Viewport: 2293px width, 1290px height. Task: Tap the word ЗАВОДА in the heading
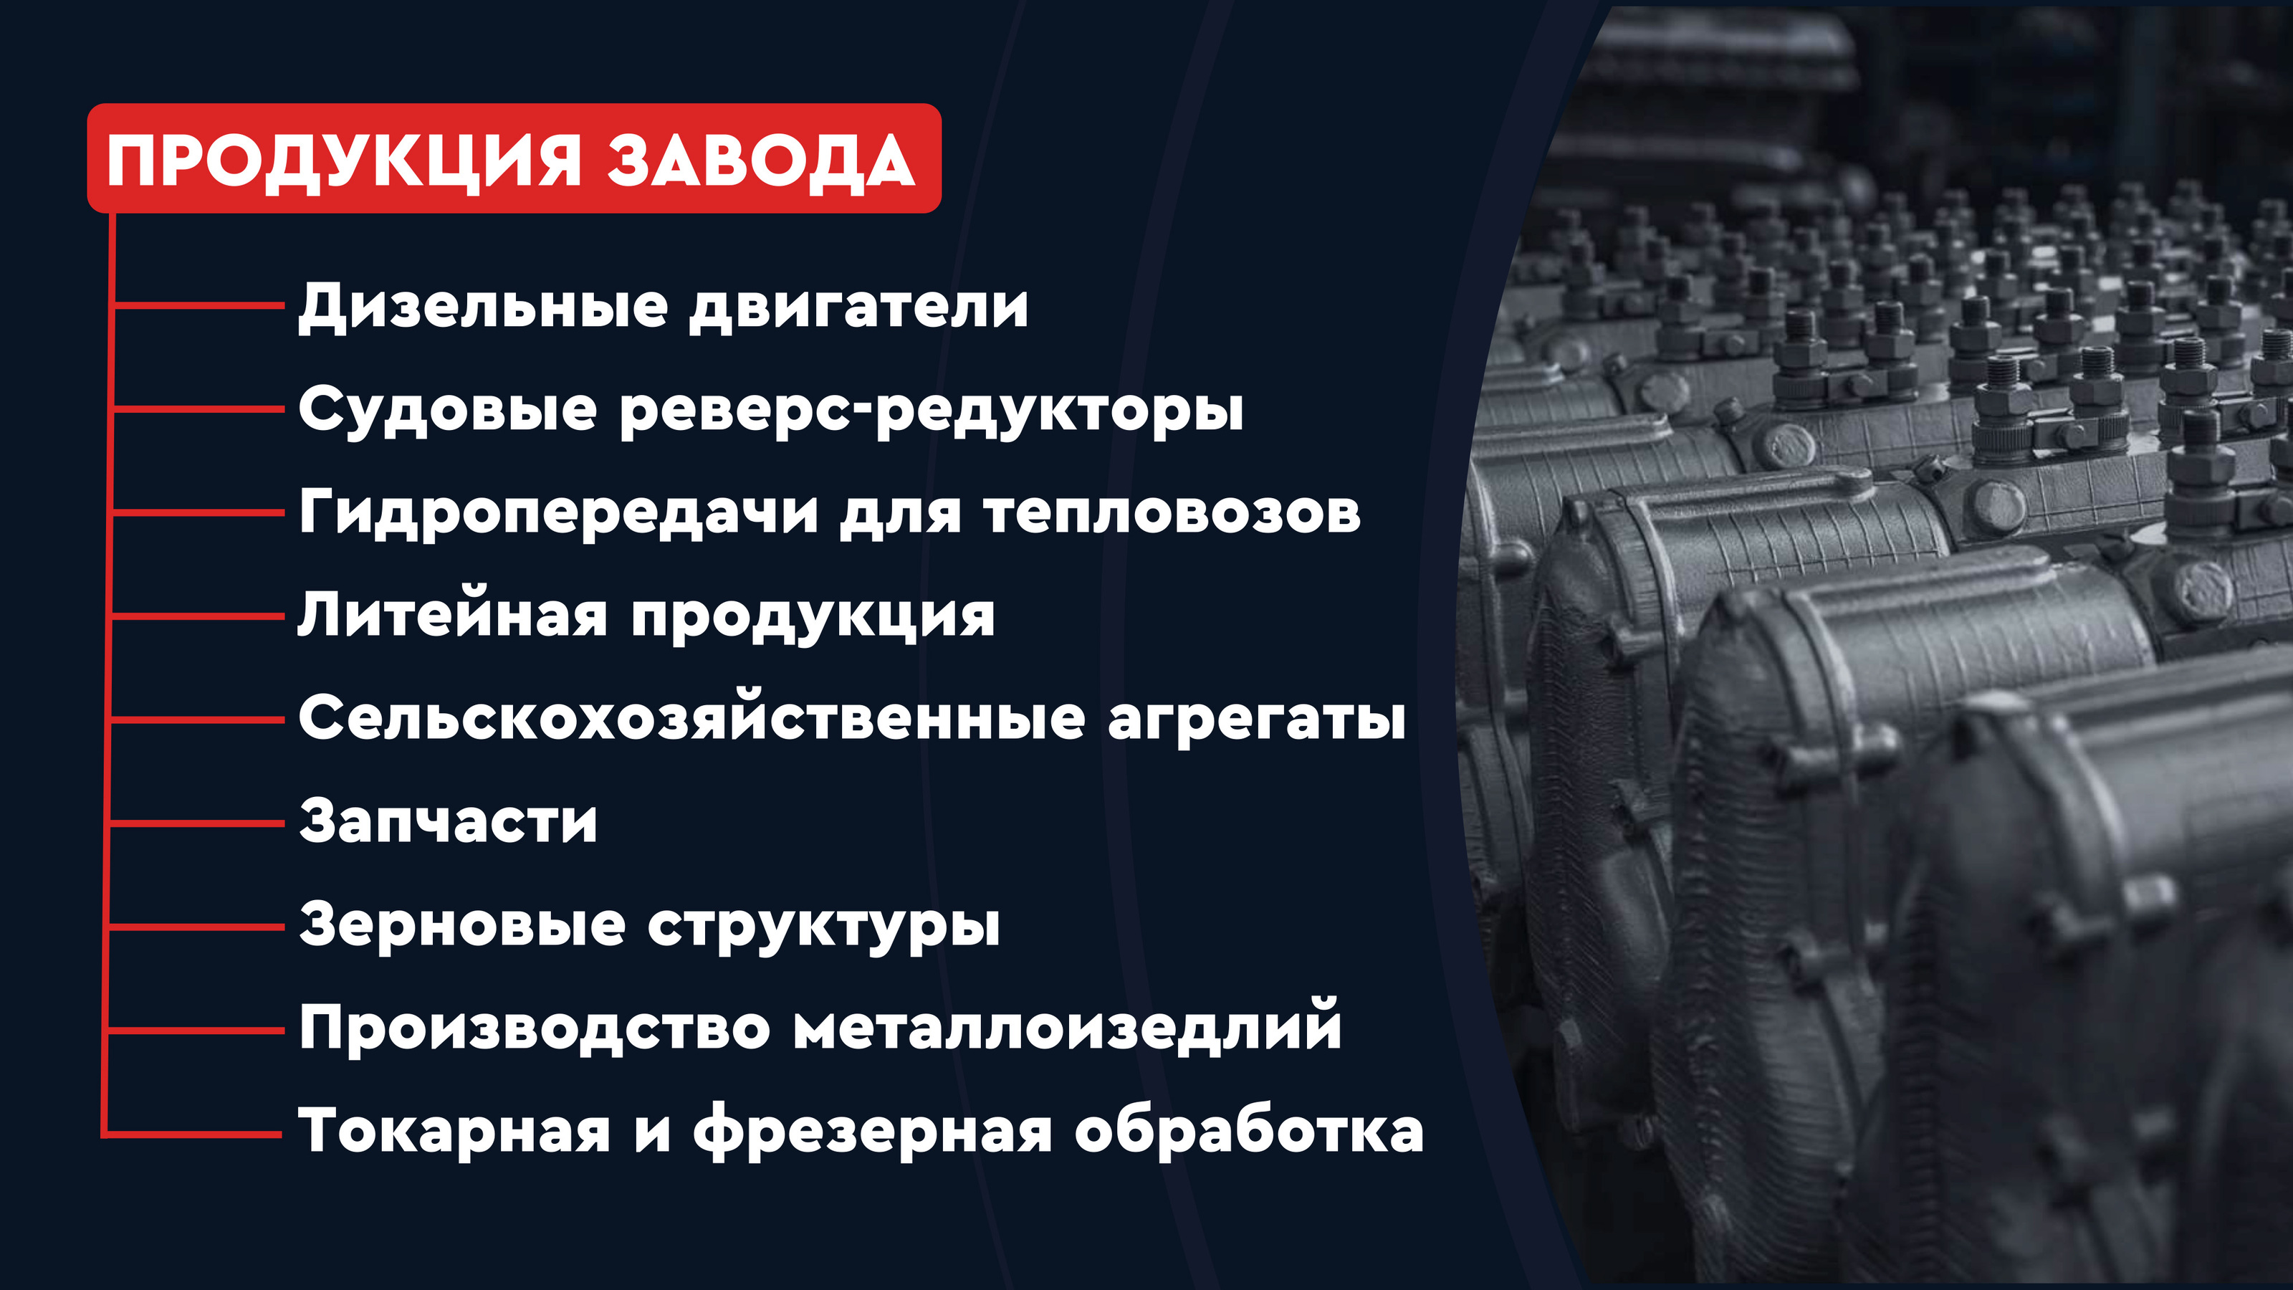pyautogui.click(x=761, y=161)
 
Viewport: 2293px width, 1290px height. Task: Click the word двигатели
pyautogui.click(x=859, y=307)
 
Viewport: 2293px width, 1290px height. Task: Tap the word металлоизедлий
pyautogui.click(x=1067, y=1028)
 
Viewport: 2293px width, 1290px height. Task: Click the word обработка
pyautogui.click(x=1249, y=1132)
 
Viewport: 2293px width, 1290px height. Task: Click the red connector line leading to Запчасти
pyautogui.click(x=196, y=823)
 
